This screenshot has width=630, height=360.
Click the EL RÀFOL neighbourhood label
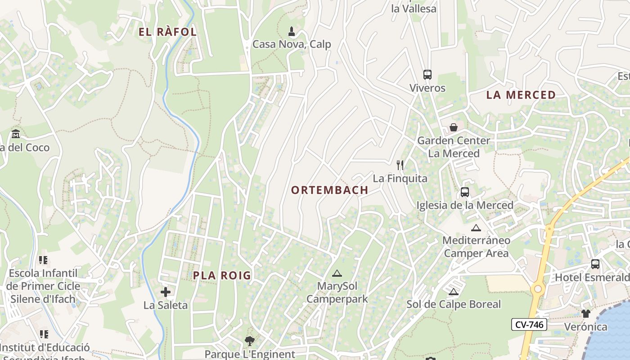click(x=167, y=32)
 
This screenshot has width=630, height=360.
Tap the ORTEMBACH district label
click(x=329, y=190)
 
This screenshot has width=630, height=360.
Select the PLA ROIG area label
click(x=222, y=276)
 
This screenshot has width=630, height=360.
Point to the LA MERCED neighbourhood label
click(x=521, y=95)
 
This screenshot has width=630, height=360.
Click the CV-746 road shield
click(x=529, y=324)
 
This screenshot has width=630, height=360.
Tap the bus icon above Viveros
click(x=427, y=75)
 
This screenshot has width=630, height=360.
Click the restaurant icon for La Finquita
click(x=400, y=165)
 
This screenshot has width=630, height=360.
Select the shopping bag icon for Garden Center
click(x=453, y=127)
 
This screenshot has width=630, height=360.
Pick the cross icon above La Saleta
click(x=166, y=292)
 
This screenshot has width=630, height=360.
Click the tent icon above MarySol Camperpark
click(x=337, y=273)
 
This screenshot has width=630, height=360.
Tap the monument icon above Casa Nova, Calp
click(x=292, y=31)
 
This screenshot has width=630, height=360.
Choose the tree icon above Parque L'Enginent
click(x=249, y=341)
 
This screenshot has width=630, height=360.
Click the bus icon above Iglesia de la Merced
click(x=465, y=192)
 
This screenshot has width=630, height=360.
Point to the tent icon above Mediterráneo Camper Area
click(x=476, y=228)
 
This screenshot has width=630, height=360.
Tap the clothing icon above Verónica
click(x=585, y=313)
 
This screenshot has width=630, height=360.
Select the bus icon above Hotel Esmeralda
click(x=595, y=264)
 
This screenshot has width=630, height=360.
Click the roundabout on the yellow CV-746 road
click(x=537, y=288)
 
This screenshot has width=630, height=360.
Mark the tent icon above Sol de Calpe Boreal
click(x=453, y=292)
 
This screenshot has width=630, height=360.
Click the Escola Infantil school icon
click(x=43, y=260)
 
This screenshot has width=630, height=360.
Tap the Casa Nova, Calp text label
click(x=292, y=44)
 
